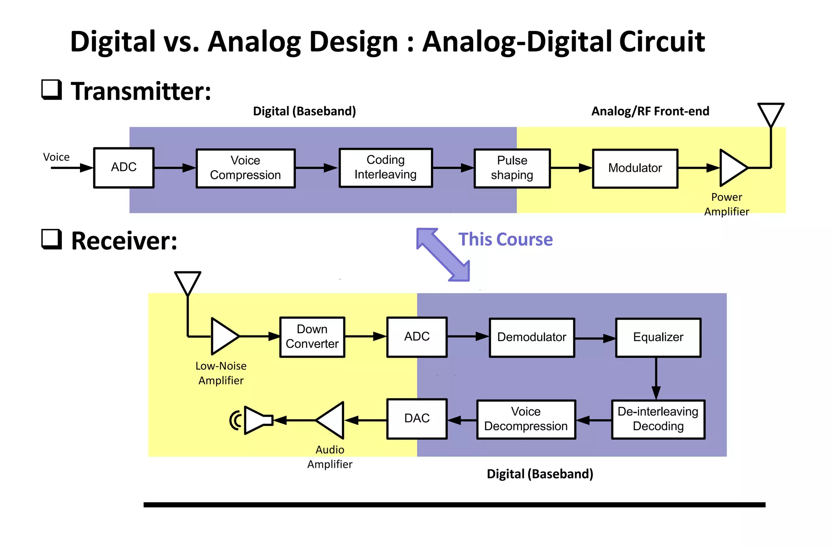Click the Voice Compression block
tap(245, 168)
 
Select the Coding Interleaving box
tap(386, 168)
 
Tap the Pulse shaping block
tap(512, 168)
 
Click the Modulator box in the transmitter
tap(635, 168)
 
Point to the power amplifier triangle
tap(732, 168)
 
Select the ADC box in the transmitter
tap(123, 167)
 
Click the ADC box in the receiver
tap(417, 337)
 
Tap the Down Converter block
tap(312, 337)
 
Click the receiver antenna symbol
tap(188, 283)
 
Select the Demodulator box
tap(532, 337)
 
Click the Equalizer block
tap(658, 337)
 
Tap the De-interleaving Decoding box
tap(658, 419)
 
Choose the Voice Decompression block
tap(526, 419)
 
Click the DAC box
tap(417, 419)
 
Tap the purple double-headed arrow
tap(443, 255)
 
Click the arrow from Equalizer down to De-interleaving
tap(656, 378)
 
